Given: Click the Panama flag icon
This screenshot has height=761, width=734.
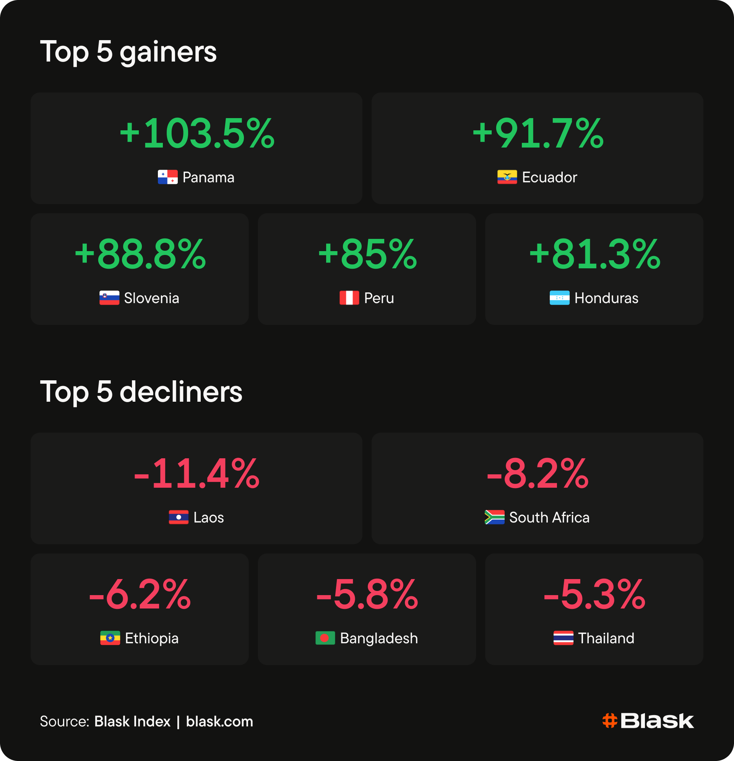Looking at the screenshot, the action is pos(168,177).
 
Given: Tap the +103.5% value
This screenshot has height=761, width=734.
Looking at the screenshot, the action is pos(197,133).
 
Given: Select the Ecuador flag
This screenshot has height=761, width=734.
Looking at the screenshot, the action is pos(507,177).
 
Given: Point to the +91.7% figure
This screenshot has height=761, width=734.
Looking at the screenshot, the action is pos(538,133).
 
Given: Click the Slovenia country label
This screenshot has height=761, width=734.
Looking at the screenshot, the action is pos(151,298).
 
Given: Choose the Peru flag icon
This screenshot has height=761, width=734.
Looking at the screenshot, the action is pos(349,298).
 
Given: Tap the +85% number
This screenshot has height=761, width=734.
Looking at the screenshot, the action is pos(367,254).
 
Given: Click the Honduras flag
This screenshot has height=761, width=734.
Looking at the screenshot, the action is pos(560,298).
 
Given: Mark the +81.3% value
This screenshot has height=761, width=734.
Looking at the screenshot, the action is pos(594,254).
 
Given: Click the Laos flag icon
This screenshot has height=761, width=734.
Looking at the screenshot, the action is pos(179,517).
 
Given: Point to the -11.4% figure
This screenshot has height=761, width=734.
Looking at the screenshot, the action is pos(196,473).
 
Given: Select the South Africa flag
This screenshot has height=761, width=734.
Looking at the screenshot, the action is pos(495,517).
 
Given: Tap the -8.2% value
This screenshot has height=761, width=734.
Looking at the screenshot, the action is pos(538,473).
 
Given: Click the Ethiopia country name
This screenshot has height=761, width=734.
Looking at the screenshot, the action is pos(152,638).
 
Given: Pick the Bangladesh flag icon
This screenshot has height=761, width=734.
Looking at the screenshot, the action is pos(325,638).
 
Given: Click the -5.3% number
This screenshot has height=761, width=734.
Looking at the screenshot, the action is pos(594,594).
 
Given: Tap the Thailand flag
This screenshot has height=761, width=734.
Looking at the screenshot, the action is pos(563,638).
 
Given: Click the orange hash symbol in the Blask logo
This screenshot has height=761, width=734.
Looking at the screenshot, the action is pos(610,721).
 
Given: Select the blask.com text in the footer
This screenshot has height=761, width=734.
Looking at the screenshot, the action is pos(219,721).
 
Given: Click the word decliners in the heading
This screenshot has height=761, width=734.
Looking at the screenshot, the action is pos(181,392).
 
